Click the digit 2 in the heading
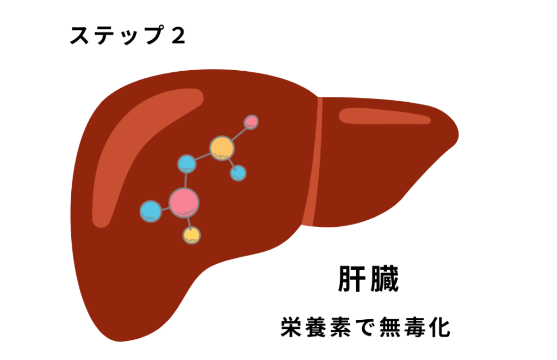[x=177, y=36]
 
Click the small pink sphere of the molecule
[x=251, y=121]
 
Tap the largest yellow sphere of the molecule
[x=222, y=147]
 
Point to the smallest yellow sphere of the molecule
[x=191, y=235]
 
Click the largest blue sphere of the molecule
[x=151, y=211]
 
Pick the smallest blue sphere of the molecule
[x=238, y=173]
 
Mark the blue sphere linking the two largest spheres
[x=187, y=163]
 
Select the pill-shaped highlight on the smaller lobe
[x=385, y=116]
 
